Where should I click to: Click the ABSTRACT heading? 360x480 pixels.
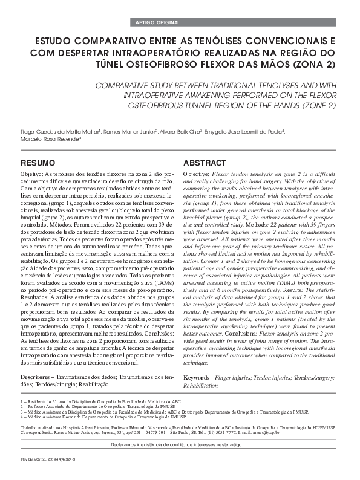click(x=205, y=163)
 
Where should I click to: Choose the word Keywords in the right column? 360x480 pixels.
click(x=200, y=377)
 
